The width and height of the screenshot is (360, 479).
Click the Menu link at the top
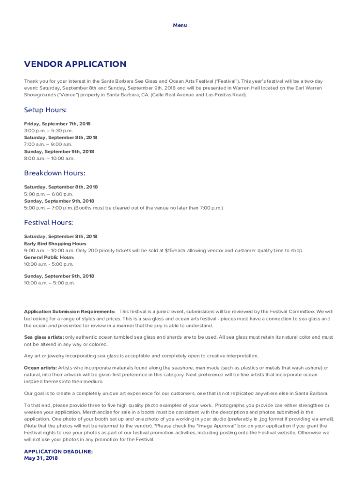click(180, 25)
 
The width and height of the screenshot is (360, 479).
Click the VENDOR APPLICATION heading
click(75, 64)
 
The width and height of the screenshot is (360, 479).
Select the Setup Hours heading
click(45, 110)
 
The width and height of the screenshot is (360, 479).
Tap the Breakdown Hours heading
click(54, 173)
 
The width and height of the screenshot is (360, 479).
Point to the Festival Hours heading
click(48, 223)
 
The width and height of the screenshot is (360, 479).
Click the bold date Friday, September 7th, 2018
click(57, 124)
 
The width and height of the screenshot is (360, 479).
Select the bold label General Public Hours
click(49, 257)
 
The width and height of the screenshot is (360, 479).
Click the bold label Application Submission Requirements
click(70, 312)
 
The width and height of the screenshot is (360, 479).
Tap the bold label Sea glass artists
click(44, 337)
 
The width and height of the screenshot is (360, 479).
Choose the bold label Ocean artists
click(40, 368)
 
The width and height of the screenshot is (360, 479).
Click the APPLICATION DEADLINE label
click(58, 452)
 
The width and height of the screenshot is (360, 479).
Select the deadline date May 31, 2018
click(41, 458)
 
